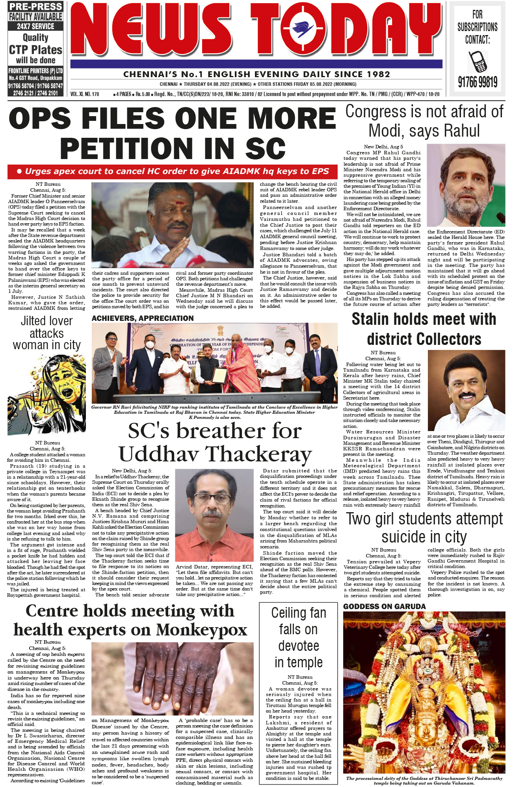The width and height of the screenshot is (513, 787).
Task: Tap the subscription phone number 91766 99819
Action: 478,82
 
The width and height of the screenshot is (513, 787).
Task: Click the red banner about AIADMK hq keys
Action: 173,172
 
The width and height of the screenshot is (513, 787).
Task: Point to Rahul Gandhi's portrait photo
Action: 466,185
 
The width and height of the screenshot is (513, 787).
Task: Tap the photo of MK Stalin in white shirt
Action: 466,390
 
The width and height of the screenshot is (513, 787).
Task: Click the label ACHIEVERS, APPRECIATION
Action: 143,318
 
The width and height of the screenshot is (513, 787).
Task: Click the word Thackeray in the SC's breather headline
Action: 259,454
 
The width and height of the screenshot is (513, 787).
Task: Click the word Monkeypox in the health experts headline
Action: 202,630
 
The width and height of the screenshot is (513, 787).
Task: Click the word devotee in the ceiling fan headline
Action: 298,646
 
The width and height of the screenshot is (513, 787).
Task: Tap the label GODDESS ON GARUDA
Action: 384,606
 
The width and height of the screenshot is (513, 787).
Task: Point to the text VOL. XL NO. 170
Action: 85,94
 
